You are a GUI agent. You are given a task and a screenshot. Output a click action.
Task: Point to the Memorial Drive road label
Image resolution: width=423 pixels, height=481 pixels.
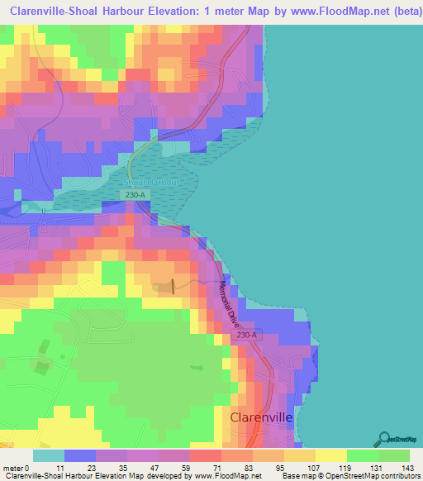click(x=228, y=303)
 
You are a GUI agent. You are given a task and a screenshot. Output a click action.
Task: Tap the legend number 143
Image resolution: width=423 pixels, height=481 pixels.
click(x=408, y=467)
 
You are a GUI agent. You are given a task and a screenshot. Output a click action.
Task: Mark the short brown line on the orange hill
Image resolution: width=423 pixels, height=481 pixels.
click(x=173, y=286)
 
